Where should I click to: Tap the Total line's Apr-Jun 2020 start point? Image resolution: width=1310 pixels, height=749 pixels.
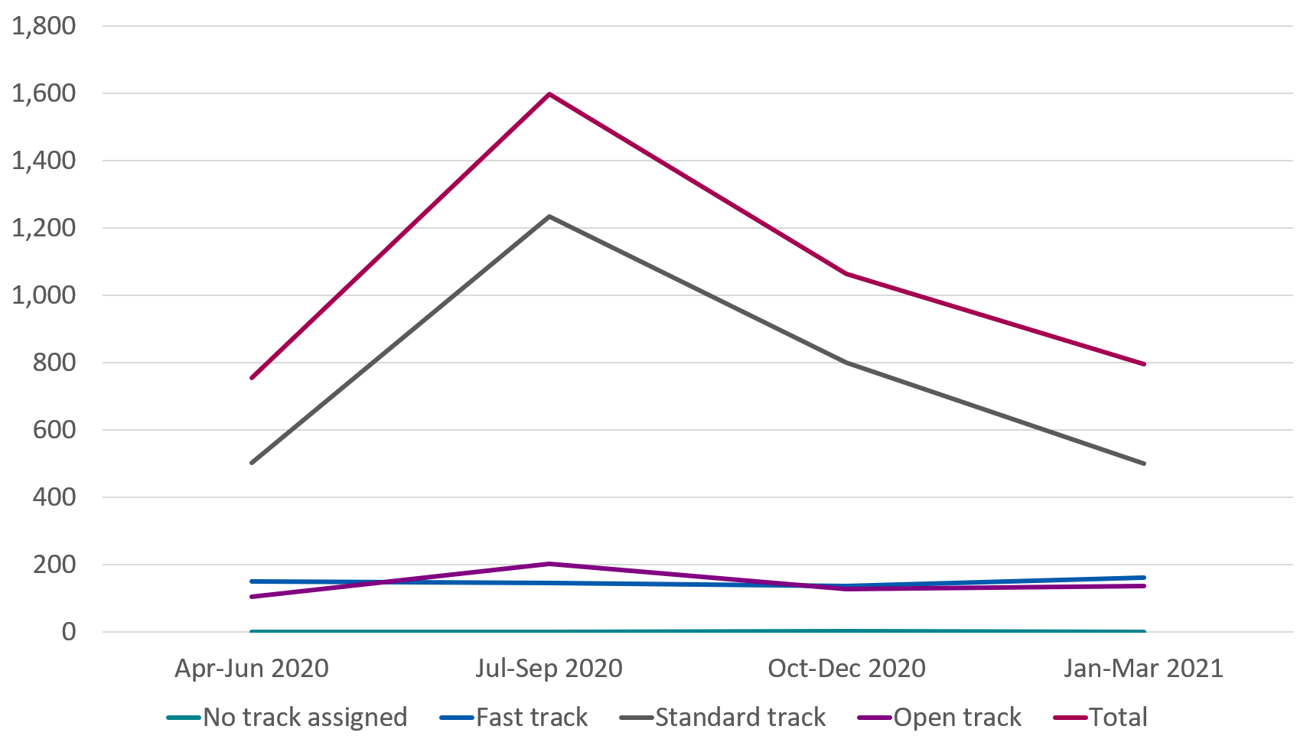pos(252,378)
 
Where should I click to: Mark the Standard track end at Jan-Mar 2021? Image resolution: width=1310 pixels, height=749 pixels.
pos(1144,464)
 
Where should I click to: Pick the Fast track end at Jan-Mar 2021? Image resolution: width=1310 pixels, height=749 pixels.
pos(1144,578)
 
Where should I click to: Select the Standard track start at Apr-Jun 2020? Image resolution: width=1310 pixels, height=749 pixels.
pos(252,463)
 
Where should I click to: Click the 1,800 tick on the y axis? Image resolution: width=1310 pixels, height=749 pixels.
pos(44,26)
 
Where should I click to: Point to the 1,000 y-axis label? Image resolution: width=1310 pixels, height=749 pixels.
pos(44,295)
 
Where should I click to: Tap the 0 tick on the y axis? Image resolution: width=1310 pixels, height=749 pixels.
pos(69,632)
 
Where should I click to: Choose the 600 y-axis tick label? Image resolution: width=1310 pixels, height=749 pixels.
pos(54,430)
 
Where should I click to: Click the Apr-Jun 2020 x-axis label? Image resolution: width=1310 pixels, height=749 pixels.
pos(252,669)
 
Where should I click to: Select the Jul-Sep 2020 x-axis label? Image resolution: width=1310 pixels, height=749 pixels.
pos(549,669)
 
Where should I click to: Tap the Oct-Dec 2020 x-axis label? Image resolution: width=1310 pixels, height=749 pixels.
pos(847,669)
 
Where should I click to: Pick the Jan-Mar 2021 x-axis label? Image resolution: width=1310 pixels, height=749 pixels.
pos(1144,669)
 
